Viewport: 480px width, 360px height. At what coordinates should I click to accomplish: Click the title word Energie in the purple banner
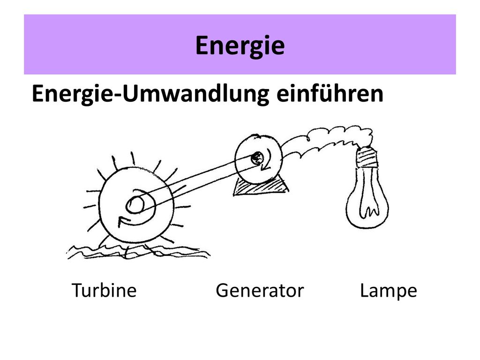[240, 45]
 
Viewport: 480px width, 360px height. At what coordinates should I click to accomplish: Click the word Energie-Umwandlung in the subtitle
[150, 94]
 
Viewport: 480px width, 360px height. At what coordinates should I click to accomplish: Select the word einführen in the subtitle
[330, 93]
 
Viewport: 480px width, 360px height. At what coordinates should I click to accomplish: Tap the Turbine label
[104, 290]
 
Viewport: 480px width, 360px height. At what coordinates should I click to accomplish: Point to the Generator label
[260, 291]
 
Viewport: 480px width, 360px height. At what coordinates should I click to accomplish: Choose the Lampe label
[389, 291]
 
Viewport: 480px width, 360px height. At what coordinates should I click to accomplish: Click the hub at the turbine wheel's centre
[135, 204]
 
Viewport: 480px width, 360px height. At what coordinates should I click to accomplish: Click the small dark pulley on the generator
[257, 158]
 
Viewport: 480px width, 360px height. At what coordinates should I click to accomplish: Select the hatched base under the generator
[260, 187]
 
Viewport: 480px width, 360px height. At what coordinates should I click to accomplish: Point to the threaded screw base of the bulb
[367, 157]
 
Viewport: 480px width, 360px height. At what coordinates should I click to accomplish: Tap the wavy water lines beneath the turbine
[138, 252]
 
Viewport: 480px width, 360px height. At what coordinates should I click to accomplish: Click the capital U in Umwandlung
[131, 93]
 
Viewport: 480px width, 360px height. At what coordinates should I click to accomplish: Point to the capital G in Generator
[222, 290]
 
